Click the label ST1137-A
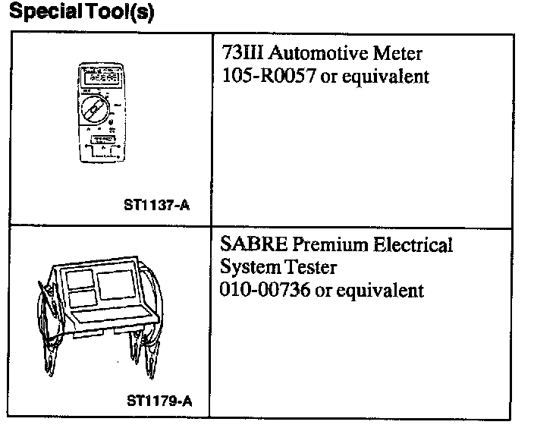pos(155,204)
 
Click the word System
pos(247,267)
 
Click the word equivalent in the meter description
pos(391,77)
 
